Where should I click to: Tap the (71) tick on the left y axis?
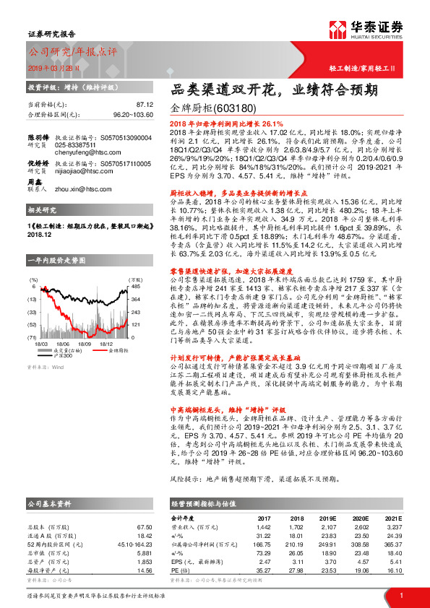point(33,337)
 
